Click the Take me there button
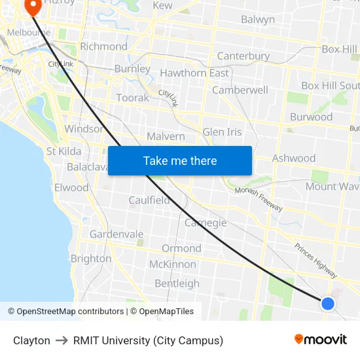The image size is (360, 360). pos(179,160)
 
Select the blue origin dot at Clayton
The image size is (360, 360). pos(328,303)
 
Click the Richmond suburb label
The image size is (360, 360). pos(103,46)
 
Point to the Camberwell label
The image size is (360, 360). pos(240,90)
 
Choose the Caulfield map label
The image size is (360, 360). pos(149,200)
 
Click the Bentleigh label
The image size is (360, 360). pos(177,283)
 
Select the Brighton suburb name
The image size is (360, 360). pos(91,259)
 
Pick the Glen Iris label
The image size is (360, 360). pos(222,132)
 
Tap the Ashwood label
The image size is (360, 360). pos(293,158)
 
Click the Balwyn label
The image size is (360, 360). pos(258,20)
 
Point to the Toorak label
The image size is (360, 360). pos(132,98)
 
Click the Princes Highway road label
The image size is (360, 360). pos(315,259)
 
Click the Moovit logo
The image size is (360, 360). pos(320,339)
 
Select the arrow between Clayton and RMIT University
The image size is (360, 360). pos(62,340)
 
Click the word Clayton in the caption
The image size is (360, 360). pos(31,340)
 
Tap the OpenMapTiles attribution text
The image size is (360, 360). pos(164,312)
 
